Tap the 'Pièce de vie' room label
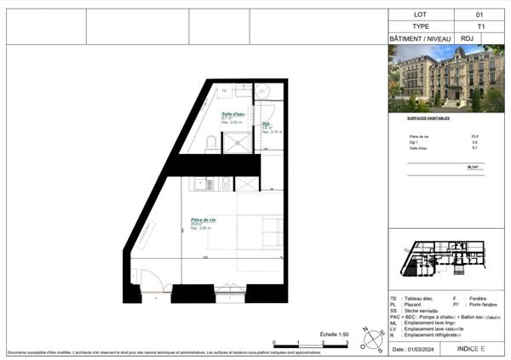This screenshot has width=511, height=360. click(203, 220)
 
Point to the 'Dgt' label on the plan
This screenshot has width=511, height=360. click(266, 124)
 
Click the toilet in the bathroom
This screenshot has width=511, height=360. click(210, 141)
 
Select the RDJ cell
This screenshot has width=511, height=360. click(467, 39)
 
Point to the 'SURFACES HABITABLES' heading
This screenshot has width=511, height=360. click(428, 119)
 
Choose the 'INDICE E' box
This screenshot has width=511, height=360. click(470, 349)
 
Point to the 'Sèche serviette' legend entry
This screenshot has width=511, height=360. click(417, 311)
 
